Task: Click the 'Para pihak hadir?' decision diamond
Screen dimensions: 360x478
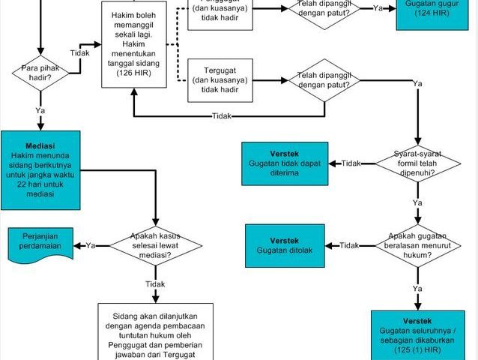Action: pos(40,73)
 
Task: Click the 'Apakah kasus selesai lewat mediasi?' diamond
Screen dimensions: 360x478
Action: pos(155,244)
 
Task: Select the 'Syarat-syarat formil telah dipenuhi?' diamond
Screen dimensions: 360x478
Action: pos(416,163)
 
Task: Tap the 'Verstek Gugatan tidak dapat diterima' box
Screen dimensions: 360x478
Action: pos(284,163)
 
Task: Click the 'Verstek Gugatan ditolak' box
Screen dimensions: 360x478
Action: pos(284,244)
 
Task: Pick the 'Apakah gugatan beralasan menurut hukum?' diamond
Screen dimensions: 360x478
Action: pos(416,244)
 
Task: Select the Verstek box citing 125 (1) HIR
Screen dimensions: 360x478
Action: pos(417,333)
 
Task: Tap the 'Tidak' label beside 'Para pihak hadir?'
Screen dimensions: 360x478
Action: pos(80,53)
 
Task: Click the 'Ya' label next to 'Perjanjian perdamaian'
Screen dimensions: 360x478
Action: pos(91,244)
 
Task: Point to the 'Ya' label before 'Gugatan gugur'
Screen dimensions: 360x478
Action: pos(378,7)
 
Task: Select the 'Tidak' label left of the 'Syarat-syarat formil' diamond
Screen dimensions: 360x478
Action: pos(351,163)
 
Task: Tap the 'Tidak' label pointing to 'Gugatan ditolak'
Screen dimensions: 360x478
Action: pos(351,244)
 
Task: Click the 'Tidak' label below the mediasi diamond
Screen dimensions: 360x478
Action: pos(155,284)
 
